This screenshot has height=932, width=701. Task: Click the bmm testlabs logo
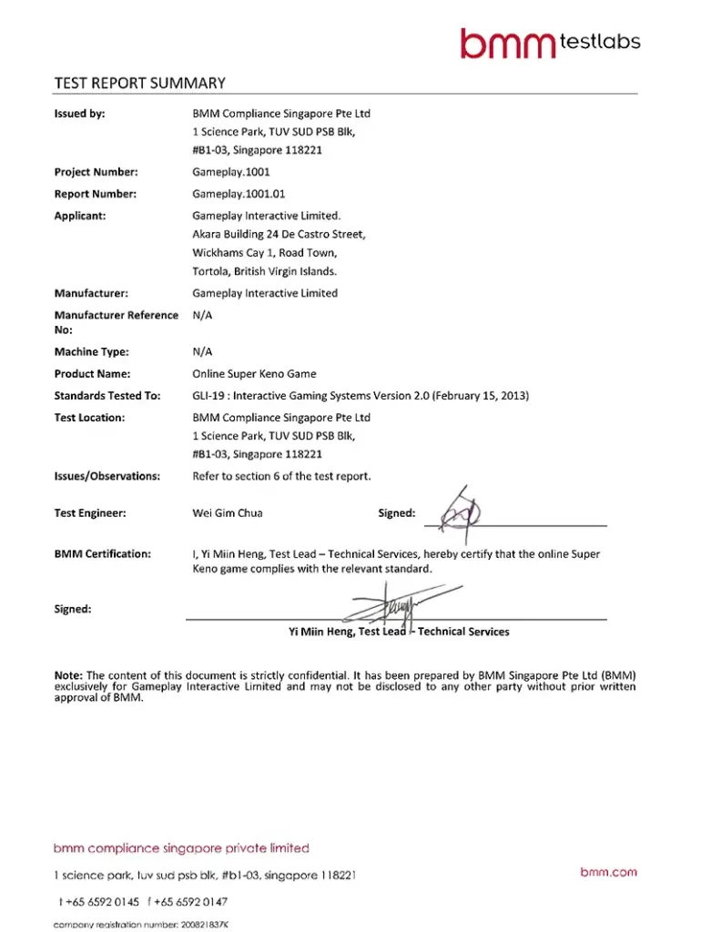(x=549, y=42)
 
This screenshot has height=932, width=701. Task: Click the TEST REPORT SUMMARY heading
(x=139, y=83)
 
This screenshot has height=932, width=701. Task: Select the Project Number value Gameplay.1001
(x=231, y=172)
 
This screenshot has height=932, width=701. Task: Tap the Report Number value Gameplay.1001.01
(x=239, y=194)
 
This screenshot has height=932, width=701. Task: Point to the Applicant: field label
(x=80, y=216)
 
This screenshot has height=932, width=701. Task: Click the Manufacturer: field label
(x=91, y=293)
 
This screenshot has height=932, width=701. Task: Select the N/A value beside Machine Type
(x=203, y=351)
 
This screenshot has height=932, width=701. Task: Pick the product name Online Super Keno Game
(x=255, y=373)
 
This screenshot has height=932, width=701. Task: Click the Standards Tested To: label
(x=107, y=395)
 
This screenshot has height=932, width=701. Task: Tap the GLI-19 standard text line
(x=361, y=395)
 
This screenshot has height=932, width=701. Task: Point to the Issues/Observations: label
(x=107, y=476)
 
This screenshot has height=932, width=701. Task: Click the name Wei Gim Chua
(x=228, y=513)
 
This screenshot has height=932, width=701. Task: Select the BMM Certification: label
(x=103, y=553)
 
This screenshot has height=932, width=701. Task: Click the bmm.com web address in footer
(x=609, y=872)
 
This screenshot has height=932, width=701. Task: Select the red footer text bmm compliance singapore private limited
(x=181, y=848)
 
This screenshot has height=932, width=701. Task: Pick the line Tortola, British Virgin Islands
(x=265, y=271)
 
